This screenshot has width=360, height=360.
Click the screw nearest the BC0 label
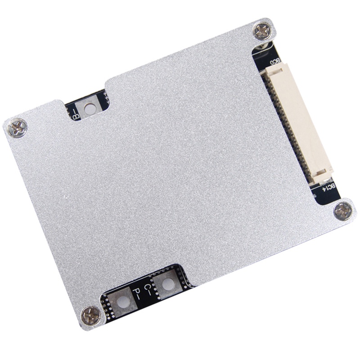point(262,31)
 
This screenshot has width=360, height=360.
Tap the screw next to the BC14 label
point(342,210)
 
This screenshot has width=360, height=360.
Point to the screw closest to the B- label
point(18,127)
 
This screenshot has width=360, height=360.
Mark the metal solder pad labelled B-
point(90,108)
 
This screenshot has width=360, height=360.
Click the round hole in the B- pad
point(90,108)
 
